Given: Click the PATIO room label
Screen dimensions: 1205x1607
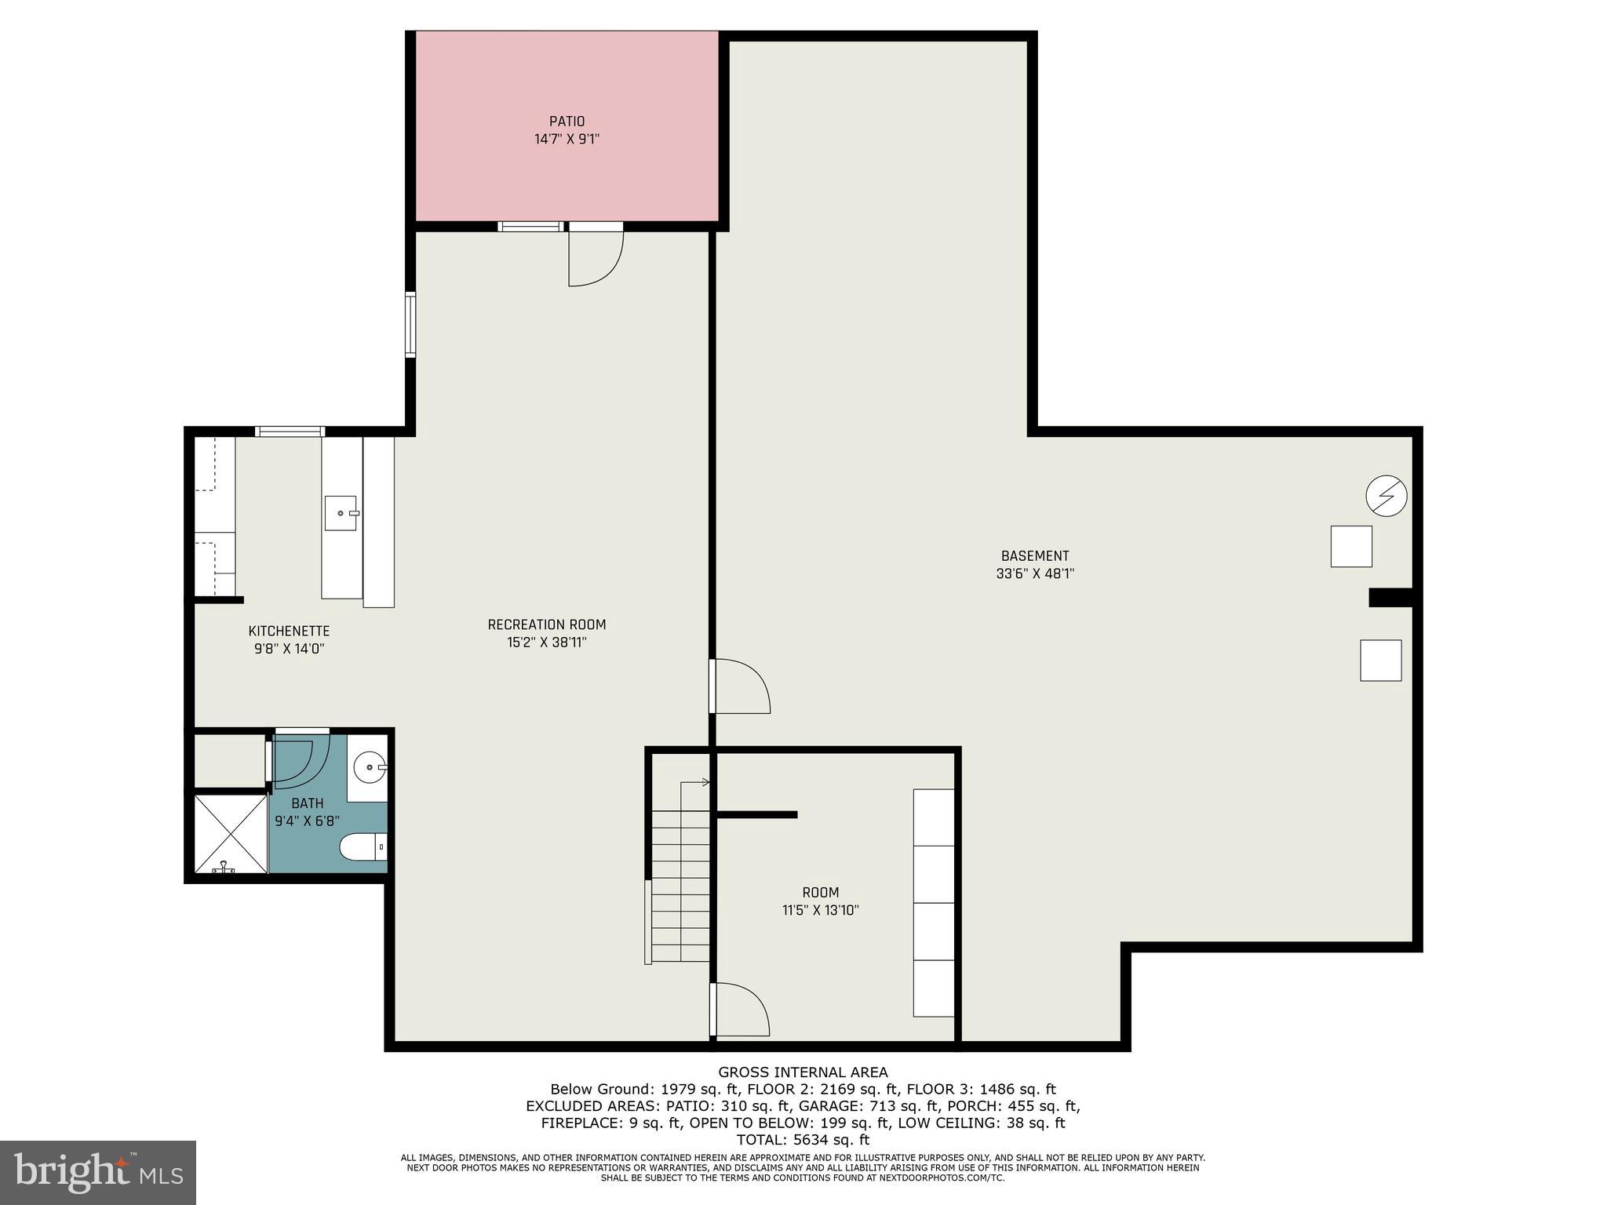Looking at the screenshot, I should (567, 122).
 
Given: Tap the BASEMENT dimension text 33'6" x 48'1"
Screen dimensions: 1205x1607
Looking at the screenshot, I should (1035, 573).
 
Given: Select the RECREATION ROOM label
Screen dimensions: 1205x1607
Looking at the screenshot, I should (547, 624).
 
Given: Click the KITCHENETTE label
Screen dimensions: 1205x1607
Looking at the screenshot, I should (289, 631).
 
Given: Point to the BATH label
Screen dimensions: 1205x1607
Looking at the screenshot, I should (307, 803).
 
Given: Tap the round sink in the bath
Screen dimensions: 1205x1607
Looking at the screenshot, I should (368, 767).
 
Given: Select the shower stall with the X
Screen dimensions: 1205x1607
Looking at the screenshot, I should (230, 834).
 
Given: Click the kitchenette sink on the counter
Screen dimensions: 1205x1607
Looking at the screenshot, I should (341, 513).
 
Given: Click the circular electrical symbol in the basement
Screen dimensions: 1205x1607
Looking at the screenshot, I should (1386, 496).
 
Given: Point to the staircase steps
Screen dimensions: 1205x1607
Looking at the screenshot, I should (680, 886).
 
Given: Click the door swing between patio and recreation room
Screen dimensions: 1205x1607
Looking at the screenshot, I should (595, 259).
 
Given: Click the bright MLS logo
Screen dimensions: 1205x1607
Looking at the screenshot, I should (97, 1173).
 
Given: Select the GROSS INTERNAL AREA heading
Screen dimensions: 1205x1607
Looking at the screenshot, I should (803, 1072).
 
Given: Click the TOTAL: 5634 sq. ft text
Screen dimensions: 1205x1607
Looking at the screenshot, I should (803, 1140).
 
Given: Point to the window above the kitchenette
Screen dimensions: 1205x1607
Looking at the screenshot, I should (290, 431).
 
